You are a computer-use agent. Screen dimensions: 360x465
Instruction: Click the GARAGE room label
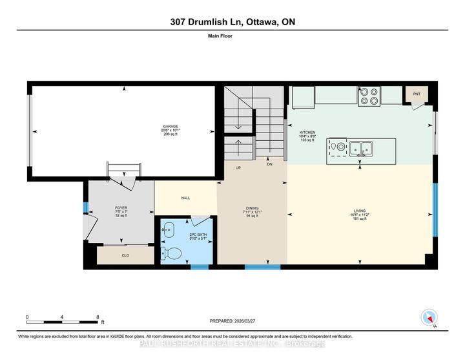pyautogui.click(x=171, y=126)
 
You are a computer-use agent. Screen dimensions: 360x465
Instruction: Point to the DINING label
pyautogui.click(x=252, y=208)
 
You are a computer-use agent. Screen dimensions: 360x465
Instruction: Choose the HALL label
pyautogui.click(x=185, y=198)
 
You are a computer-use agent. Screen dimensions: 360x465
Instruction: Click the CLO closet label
pyautogui.click(x=125, y=255)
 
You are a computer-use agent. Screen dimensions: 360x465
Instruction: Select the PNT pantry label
pyautogui.click(x=417, y=93)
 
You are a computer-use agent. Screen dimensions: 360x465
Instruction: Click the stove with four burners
pyautogui.click(x=369, y=96)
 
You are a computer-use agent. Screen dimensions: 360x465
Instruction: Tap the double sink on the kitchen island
pyautogui.click(x=360, y=148)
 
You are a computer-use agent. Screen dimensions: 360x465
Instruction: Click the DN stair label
pyautogui.click(x=270, y=164)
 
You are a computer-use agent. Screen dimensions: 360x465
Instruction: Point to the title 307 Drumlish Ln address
pyautogui.click(x=232, y=21)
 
